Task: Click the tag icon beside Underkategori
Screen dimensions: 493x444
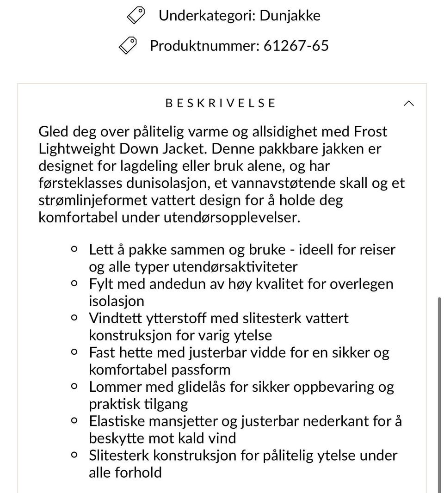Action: (x=136, y=16)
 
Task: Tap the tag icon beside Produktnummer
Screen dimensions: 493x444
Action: (x=128, y=45)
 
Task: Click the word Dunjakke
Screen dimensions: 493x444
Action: (x=290, y=16)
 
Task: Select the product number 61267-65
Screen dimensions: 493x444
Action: (x=296, y=45)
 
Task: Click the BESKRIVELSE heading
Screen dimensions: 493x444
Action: (x=221, y=103)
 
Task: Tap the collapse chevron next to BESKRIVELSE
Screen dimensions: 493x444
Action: (x=408, y=103)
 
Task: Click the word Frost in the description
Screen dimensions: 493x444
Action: (x=370, y=132)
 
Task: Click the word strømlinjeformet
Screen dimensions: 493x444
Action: (x=96, y=200)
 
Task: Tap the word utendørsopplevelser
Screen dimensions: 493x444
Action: (x=232, y=217)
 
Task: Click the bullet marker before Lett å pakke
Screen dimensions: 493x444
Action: (x=74, y=249)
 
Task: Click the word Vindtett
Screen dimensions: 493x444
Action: (x=114, y=318)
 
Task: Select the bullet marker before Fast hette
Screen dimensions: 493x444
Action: (x=74, y=352)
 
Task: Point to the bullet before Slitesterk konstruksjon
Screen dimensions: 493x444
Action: (x=74, y=455)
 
